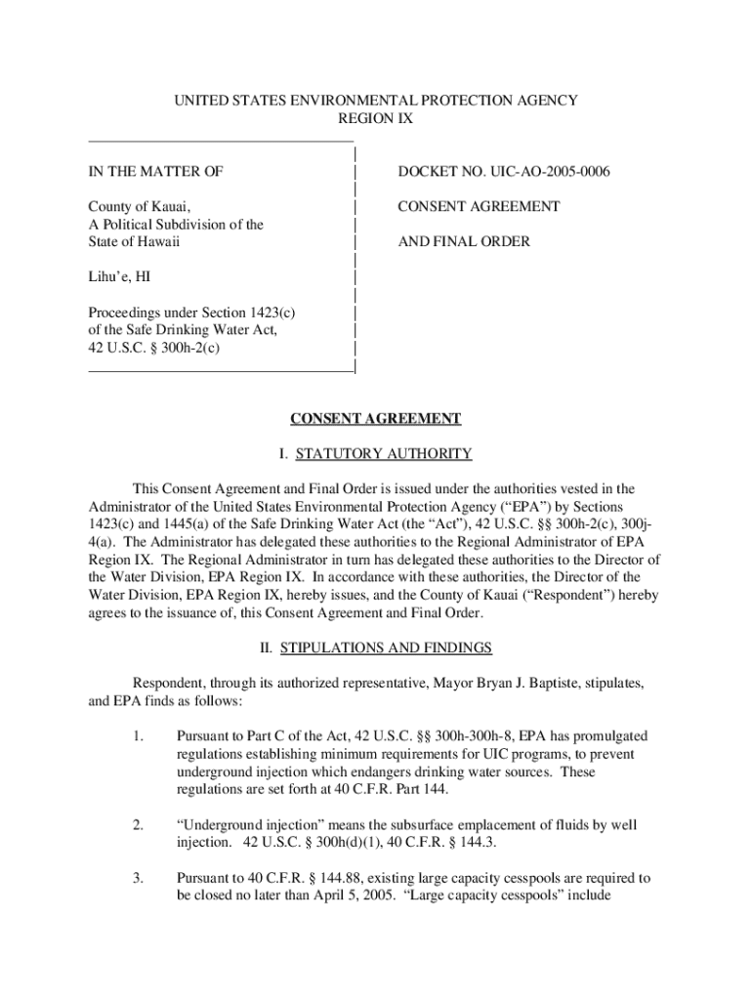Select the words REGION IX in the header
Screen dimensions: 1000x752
coord(376,118)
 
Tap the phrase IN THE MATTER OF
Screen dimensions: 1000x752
coord(155,172)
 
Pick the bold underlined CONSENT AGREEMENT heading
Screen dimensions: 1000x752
coord(376,419)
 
